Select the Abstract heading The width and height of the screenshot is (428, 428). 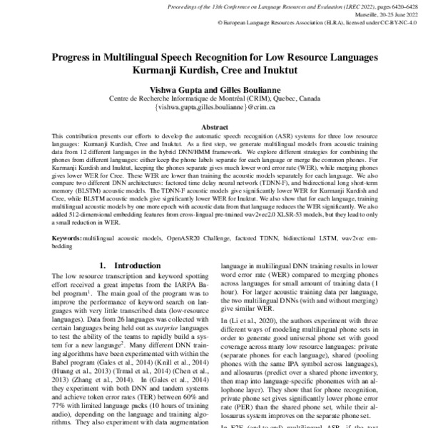pyautogui.click(x=214, y=126)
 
